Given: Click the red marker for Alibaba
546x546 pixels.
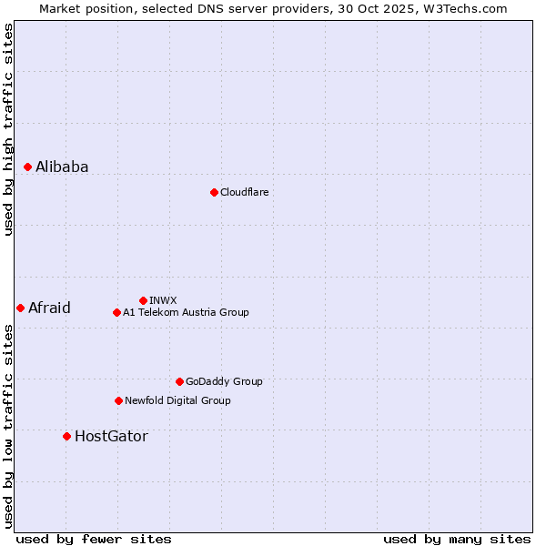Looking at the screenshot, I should pos(28,167).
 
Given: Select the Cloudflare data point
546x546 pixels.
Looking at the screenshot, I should pos(214,192).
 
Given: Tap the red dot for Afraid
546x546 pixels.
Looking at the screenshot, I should pos(20,308).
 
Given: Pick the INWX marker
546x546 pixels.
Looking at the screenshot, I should pos(143,300).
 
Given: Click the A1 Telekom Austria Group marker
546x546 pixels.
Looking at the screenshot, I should pos(116,312).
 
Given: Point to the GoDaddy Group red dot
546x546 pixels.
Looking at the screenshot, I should pos(179,381).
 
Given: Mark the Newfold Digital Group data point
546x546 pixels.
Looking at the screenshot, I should pos(118,400).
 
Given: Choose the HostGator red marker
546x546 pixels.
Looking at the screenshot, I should pos(66,436).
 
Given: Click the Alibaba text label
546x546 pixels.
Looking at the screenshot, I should pos(62,167).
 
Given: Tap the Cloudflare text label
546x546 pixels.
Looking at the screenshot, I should pos(244,192).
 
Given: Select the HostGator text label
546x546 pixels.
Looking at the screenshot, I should pos(111,436).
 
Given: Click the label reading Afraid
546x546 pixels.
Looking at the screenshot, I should pos(49,308).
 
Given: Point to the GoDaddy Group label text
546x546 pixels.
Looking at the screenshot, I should pos(223,381).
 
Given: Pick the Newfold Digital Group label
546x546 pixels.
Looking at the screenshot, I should pos(177,400).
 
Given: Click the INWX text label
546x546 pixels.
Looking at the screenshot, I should pos(163,300).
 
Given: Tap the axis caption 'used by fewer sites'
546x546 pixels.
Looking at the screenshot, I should pos(94,539).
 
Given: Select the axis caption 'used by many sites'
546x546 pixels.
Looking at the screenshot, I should pos(457,539).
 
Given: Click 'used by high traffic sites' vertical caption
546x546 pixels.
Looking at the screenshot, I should pos(8,129).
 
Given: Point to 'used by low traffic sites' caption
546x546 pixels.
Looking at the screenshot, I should pos(8,426).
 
